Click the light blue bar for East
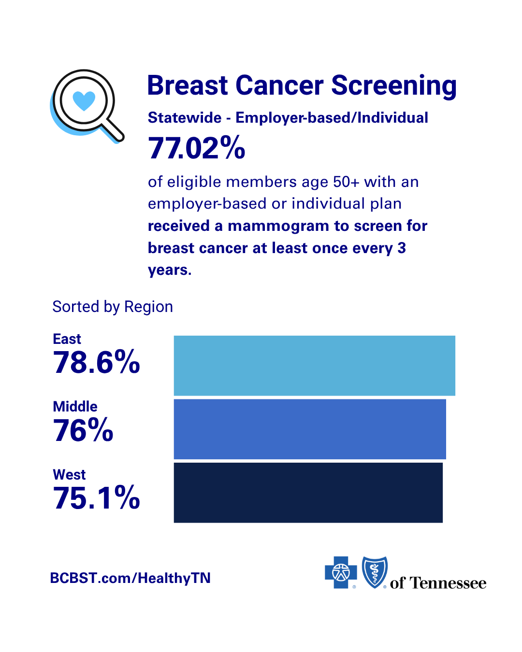[314, 366]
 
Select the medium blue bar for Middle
[310, 429]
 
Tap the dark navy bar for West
[308, 493]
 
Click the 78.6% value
[97, 362]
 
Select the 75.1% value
[97, 497]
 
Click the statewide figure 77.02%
[196, 148]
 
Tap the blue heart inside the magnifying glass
[84, 100]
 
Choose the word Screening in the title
[394, 86]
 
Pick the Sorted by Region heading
[113, 307]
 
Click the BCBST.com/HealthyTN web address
[130, 578]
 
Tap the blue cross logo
[341, 572]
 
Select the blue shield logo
[375, 572]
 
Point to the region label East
[67, 339]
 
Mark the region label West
[69, 474]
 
